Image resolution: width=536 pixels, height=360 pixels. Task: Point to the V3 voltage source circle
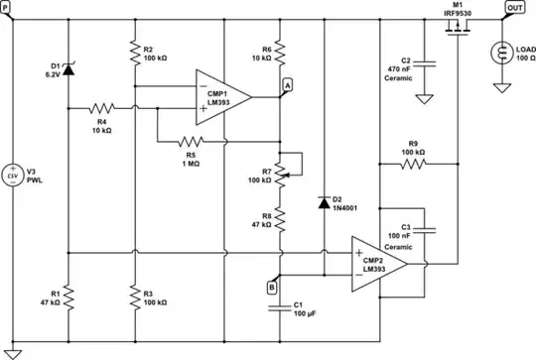coord(12,176)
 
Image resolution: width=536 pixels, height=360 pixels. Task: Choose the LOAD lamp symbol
coord(501,53)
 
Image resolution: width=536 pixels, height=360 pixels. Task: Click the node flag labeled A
coord(287,85)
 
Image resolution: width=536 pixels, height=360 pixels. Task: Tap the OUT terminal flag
coord(515,7)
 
